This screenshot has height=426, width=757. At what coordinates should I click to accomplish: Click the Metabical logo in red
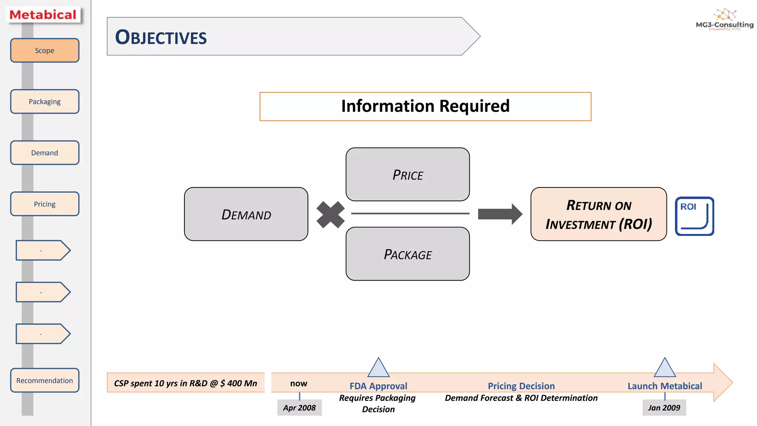(x=43, y=15)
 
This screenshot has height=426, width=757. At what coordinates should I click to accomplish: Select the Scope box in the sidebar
(x=44, y=51)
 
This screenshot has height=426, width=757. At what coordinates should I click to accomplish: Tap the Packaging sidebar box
(x=44, y=102)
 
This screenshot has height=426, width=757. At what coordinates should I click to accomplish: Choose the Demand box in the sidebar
(x=44, y=153)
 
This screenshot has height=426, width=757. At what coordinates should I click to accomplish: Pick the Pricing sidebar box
(x=44, y=204)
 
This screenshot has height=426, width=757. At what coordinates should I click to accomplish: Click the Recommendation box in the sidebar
(x=44, y=381)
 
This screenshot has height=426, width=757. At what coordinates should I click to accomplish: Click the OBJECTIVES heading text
(x=161, y=37)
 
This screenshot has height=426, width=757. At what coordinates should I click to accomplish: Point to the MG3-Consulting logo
(x=724, y=20)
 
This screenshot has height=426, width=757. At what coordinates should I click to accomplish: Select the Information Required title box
(x=425, y=106)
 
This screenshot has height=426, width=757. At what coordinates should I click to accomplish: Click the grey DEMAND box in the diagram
(x=246, y=214)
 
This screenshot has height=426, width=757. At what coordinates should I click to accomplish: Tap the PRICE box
(x=408, y=175)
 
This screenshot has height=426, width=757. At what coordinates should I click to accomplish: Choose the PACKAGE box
(x=408, y=254)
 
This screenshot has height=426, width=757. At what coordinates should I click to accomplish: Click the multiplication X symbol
(x=330, y=214)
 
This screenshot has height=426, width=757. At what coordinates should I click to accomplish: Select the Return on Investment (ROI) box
(x=598, y=214)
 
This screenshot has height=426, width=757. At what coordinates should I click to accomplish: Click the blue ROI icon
(x=694, y=216)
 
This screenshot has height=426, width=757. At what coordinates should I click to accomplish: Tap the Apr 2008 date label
(x=299, y=408)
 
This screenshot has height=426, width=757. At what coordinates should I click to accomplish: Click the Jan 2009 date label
(x=664, y=408)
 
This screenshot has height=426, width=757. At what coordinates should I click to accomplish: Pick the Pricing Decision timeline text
(x=521, y=386)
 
